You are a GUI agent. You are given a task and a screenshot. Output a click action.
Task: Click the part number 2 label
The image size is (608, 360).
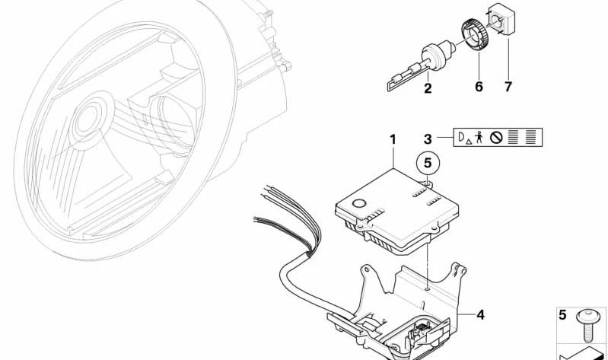tap(428, 88)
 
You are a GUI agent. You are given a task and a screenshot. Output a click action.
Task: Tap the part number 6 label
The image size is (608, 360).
tap(479, 87)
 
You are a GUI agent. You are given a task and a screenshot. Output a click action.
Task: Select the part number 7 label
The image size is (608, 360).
tap(508, 87)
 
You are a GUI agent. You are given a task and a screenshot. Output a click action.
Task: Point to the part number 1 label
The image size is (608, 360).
tap(393, 139)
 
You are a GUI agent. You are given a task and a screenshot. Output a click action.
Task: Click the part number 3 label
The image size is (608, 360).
tap(428, 139)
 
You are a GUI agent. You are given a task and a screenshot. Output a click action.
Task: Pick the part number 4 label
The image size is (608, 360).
tap(480, 314)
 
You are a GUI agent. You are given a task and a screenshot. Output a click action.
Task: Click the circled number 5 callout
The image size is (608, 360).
tap(428, 163)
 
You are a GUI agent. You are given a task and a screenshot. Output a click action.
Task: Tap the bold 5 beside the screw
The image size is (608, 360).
tap(562, 314)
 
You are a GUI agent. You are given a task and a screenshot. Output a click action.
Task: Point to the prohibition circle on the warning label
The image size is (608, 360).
tap(496, 137)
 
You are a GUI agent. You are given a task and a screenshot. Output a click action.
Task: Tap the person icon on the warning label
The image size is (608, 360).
tap(479, 137)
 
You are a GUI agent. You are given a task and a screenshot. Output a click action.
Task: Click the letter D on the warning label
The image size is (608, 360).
tap(462, 136)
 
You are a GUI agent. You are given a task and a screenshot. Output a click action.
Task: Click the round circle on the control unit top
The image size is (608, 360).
tap(358, 203)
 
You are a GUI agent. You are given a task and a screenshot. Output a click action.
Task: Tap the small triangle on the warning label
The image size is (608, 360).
tap(469, 142)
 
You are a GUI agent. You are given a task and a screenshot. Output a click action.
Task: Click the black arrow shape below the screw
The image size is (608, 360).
tap(581, 352)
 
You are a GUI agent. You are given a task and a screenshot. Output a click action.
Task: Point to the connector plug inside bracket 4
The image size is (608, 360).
tap(419, 332)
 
